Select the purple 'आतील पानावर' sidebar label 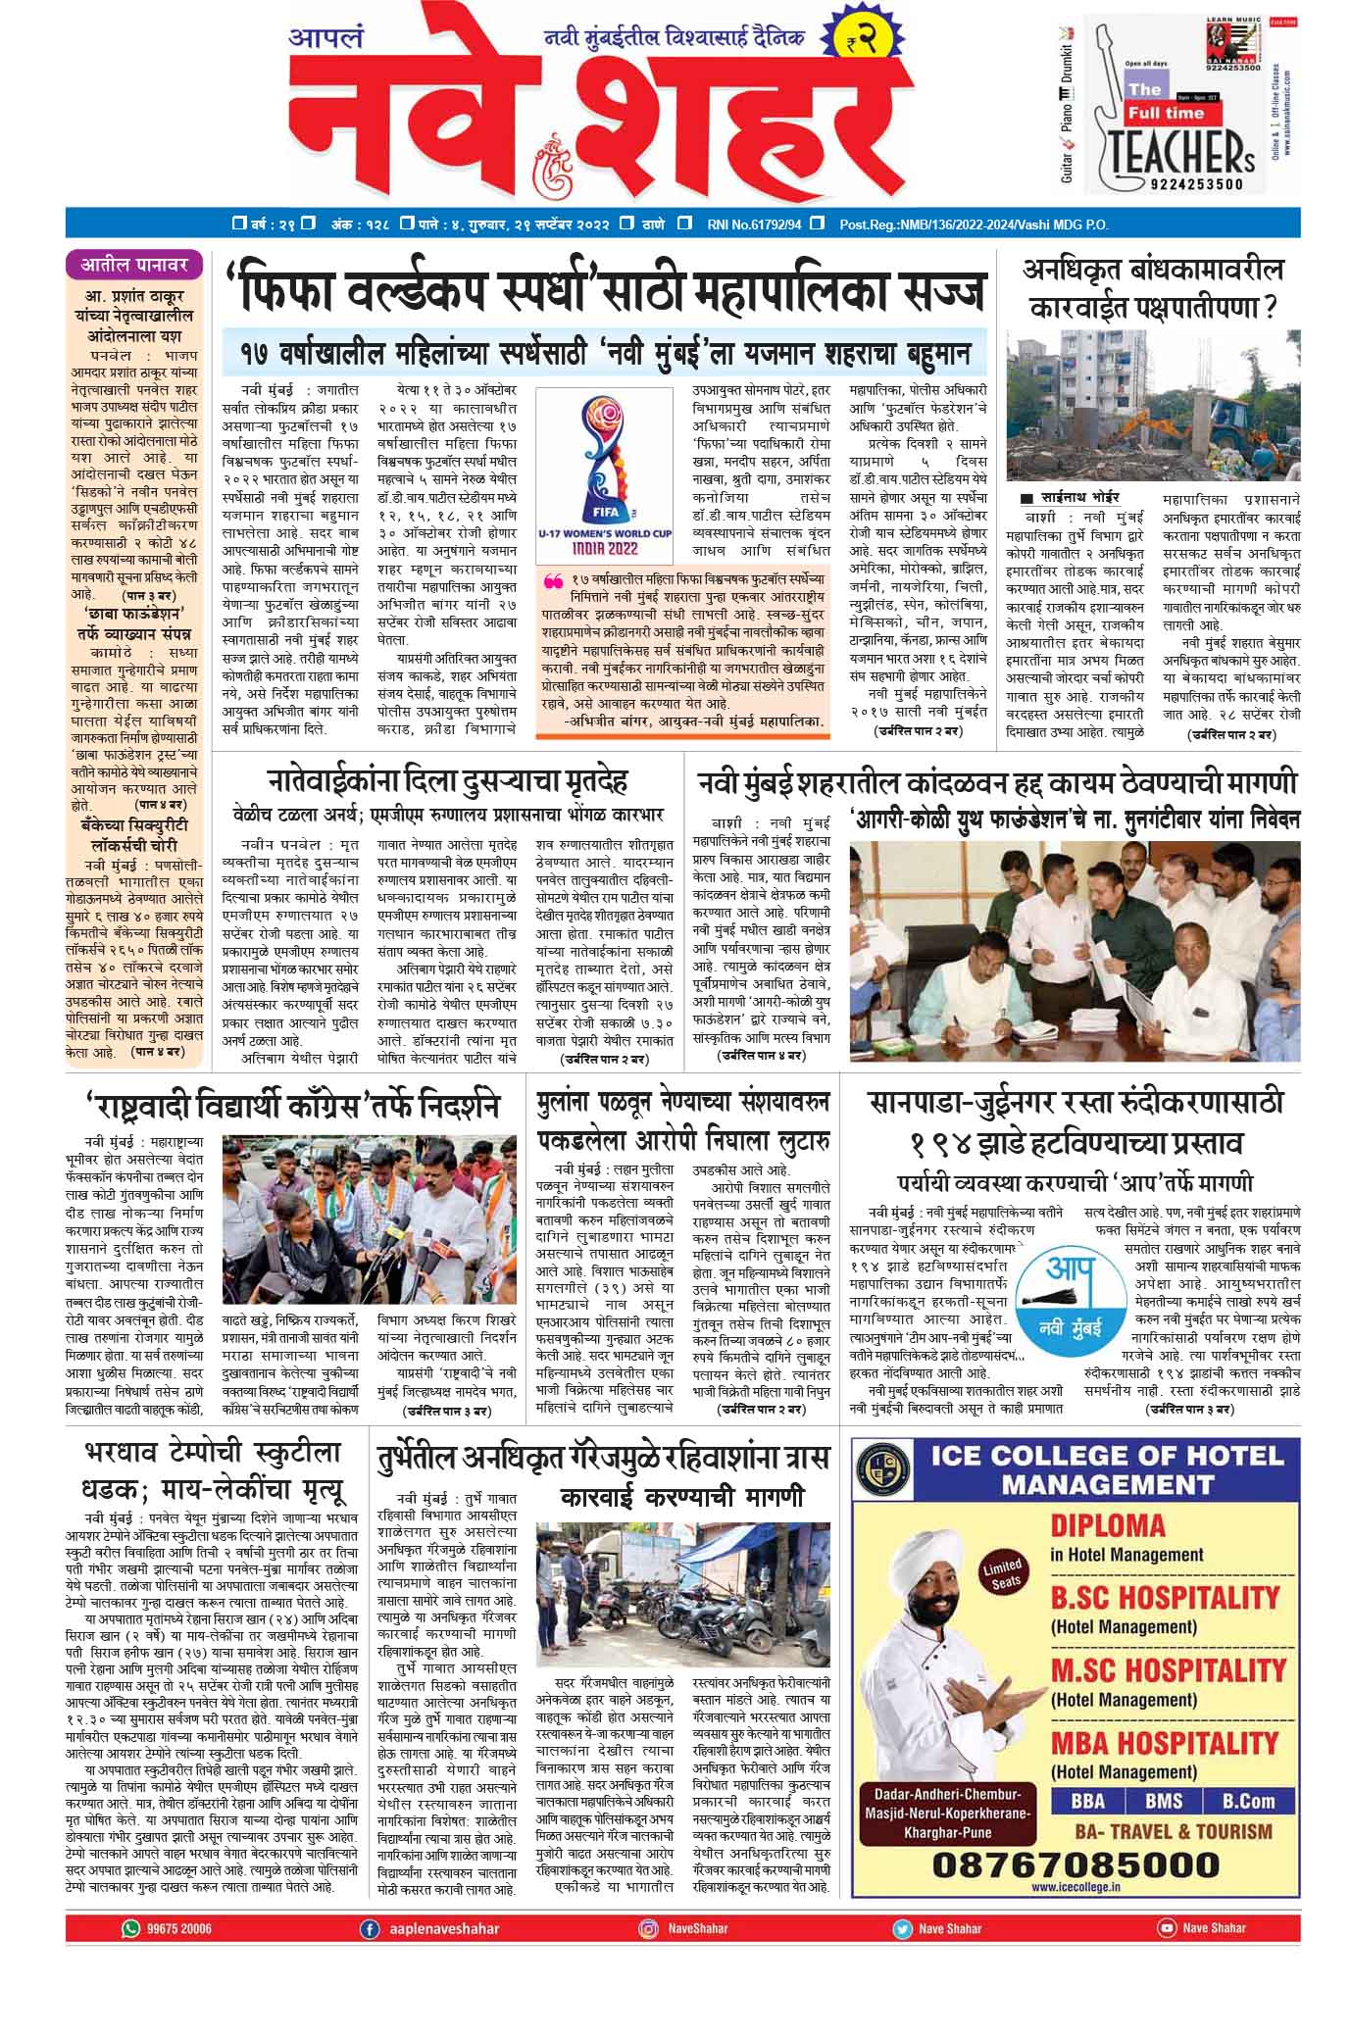[134, 264]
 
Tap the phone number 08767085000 [1076, 1863]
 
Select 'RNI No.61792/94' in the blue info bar [753, 224]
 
